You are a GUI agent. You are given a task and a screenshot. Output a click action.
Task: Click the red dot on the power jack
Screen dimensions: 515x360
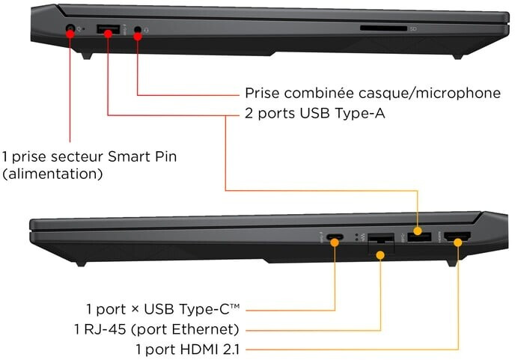70,34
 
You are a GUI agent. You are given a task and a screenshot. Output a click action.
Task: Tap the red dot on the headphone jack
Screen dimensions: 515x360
138,36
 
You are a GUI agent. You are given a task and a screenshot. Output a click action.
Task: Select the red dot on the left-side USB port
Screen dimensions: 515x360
108,33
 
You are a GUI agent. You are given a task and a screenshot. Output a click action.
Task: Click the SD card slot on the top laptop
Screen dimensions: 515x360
383,28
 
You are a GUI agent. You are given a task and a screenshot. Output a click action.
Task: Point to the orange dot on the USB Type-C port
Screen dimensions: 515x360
335,242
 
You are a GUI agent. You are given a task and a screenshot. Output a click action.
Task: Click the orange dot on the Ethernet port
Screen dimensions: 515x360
380,255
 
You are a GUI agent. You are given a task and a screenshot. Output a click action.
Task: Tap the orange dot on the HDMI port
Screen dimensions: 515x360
458,242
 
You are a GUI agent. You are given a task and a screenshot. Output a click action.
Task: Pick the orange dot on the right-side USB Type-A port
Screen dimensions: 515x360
418,231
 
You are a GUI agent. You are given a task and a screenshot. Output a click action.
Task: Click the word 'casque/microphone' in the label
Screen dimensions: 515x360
429,94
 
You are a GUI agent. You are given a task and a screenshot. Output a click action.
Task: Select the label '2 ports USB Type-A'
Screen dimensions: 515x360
315,113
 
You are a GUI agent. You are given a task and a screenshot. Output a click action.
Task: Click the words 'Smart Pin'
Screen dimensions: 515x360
142,156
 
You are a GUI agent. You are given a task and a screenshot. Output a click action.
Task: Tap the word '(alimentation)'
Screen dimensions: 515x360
52,174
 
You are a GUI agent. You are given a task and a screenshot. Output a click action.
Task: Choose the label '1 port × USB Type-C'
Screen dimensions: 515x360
162,309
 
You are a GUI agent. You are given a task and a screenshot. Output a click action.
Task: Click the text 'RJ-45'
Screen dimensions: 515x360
105,329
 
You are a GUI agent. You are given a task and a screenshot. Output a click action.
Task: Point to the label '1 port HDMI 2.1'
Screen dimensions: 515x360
188,350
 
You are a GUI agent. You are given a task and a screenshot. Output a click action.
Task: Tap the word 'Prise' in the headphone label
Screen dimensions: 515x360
263,93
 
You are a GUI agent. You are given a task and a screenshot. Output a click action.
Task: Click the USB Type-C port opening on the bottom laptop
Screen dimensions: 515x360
335,237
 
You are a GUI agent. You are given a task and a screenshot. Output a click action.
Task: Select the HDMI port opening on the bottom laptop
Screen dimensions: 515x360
457,237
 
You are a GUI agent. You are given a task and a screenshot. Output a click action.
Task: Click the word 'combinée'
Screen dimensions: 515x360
319,93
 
